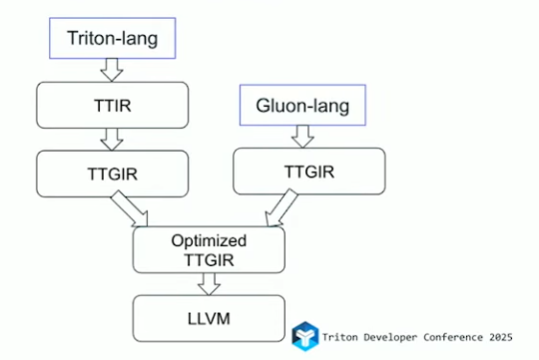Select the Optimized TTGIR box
point(210,250)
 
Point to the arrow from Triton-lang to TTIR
point(110,70)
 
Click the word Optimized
point(210,241)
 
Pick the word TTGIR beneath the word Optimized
point(210,259)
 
